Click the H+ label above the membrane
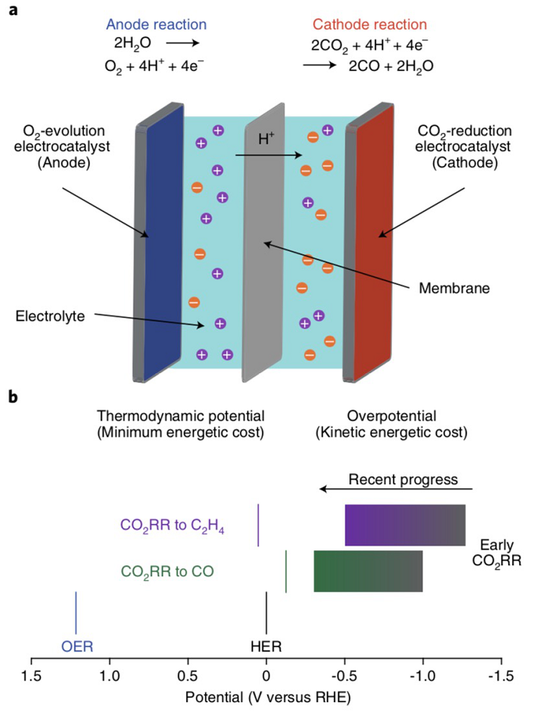pos(267,139)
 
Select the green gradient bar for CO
pos(368,571)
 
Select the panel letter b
pos(13,398)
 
